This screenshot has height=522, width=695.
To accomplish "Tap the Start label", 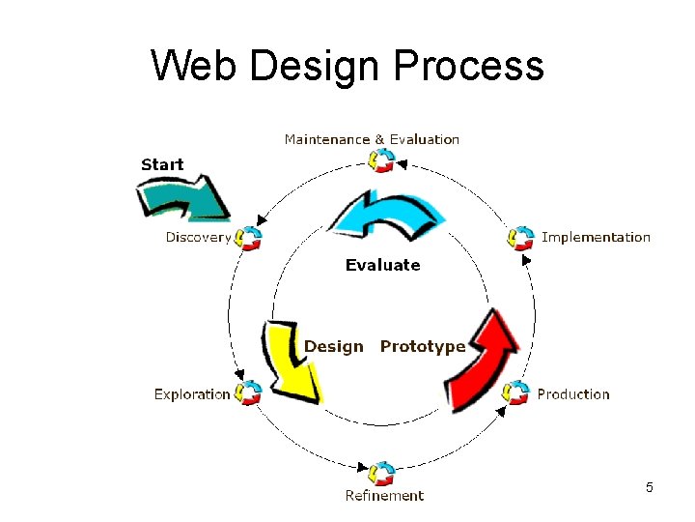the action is pyautogui.click(x=162, y=164).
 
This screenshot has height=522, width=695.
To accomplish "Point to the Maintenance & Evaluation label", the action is pyautogui.click(x=372, y=139).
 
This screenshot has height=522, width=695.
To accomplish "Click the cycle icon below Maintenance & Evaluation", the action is pyautogui.click(x=382, y=160).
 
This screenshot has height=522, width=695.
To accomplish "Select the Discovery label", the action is pyautogui.click(x=198, y=237).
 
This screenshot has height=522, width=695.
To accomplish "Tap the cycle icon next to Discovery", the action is pyautogui.click(x=249, y=237).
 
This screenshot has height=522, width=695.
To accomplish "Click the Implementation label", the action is pyautogui.click(x=596, y=237).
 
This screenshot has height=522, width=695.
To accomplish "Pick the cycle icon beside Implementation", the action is pyautogui.click(x=521, y=237).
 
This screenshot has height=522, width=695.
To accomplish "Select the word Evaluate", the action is pyautogui.click(x=383, y=265).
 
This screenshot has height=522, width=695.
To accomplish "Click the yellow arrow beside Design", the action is pyautogui.click(x=291, y=359).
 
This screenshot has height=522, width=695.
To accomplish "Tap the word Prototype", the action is pyautogui.click(x=422, y=346).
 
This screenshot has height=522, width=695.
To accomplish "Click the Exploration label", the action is pyautogui.click(x=192, y=394).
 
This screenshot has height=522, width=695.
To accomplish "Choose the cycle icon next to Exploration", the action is pyautogui.click(x=249, y=392).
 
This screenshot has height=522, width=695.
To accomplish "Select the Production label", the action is pyautogui.click(x=573, y=394).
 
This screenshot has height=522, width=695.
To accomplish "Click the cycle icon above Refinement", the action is pyautogui.click(x=382, y=473).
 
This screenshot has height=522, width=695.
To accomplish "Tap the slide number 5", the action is pyautogui.click(x=650, y=487).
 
